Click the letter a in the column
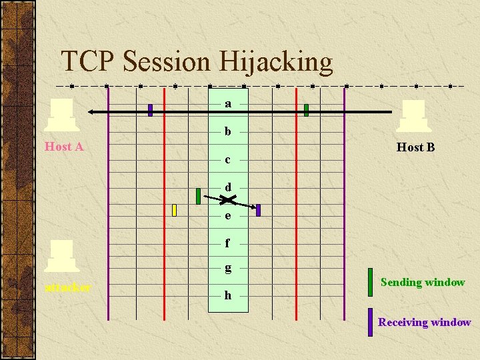228,103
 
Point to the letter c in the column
228,159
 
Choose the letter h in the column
228,295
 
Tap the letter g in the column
228,268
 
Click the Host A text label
64,147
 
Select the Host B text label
415,147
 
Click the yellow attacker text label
68,288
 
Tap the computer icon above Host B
412,116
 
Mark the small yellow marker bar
174,210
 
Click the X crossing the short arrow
227,199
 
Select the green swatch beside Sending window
370,281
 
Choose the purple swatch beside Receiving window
370,322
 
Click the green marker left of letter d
198,196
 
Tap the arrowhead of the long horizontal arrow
93,111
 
